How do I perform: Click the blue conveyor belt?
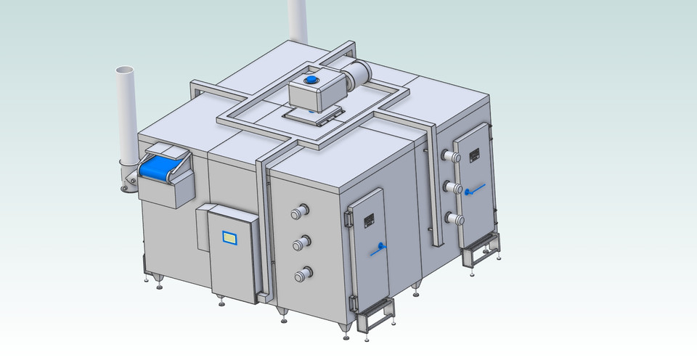(158, 168)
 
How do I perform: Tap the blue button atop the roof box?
(312, 80)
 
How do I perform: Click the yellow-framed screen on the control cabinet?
(229, 237)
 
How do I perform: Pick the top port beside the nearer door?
(299, 213)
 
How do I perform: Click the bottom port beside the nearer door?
(301, 275)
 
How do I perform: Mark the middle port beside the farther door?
(452, 188)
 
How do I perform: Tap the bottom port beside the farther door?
(452, 218)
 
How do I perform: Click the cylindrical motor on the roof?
(358, 73)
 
